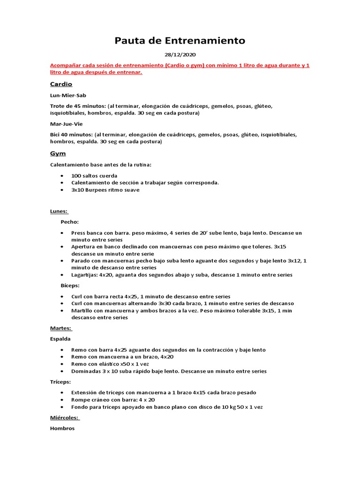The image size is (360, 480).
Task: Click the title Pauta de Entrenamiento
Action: (x=180, y=41)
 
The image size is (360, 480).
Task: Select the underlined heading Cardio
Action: (x=61, y=84)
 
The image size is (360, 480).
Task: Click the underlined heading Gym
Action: (x=58, y=153)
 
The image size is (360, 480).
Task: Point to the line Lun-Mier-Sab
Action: (x=68, y=95)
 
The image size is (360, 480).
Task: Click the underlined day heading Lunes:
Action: (x=59, y=211)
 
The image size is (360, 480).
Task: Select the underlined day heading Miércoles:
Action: (x=65, y=417)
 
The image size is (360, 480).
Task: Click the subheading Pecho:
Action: (x=70, y=222)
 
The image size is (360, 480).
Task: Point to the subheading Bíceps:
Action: (x=70, y=285)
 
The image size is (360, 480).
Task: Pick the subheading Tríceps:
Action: (x=60, y=382)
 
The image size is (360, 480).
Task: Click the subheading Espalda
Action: (x=60, y=338)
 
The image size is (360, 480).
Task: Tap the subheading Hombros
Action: (x=62, y=428)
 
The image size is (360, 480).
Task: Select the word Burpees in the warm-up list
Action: (x=96, y=190)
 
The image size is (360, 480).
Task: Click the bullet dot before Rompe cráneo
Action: (x=62, y=400)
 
